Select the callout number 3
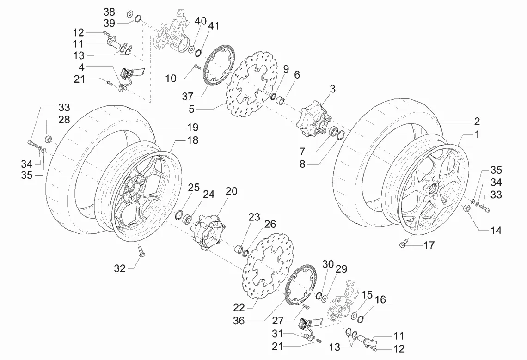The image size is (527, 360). pos(332,88)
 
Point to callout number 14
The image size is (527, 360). pos(496,231)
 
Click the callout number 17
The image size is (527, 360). pos(429,245)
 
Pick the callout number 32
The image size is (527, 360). pos(120,268)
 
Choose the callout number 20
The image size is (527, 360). pos(231,191)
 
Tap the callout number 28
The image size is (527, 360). pos(64,120)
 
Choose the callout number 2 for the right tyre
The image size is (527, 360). pos(476,122)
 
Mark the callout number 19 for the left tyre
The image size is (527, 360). pos(192,127)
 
